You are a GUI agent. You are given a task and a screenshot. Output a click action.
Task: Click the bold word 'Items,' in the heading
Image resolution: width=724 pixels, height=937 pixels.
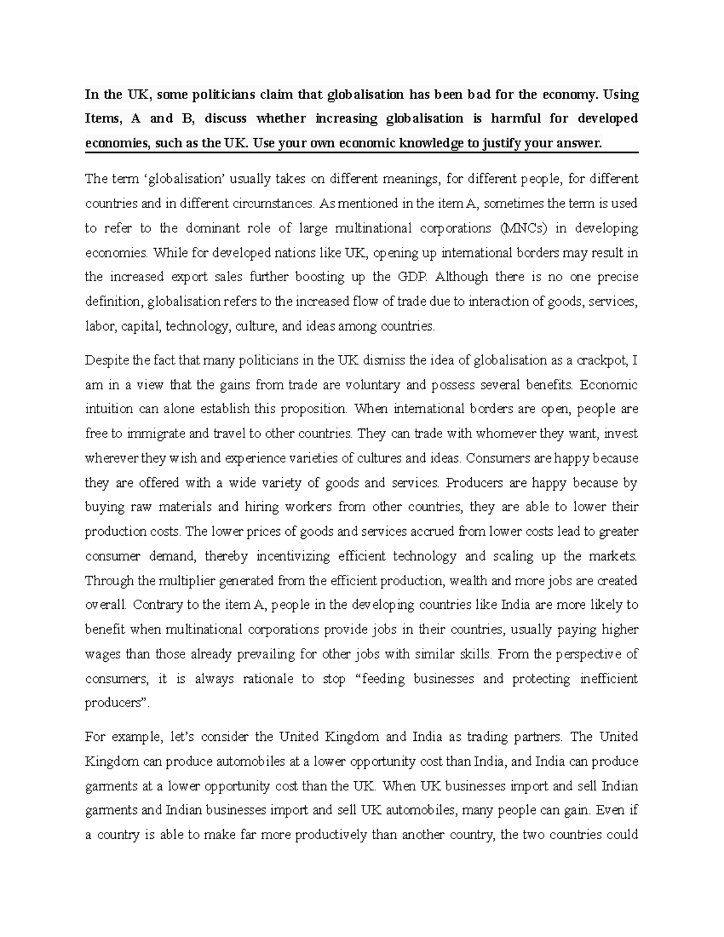tap(103, 119)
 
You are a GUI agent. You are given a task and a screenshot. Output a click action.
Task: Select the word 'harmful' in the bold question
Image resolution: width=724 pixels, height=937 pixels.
tap(515, 119)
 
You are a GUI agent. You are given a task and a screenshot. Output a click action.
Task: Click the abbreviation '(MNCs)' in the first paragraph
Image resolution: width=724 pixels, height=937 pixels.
tap(521, 229)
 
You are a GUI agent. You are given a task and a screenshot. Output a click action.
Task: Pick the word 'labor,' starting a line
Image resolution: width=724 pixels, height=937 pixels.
tap(100, 326)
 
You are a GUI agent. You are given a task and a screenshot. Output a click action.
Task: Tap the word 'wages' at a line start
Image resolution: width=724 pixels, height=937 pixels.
tap(102, 654)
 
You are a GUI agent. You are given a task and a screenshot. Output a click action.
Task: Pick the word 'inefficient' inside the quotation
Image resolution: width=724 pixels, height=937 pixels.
tap(608, 679)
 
